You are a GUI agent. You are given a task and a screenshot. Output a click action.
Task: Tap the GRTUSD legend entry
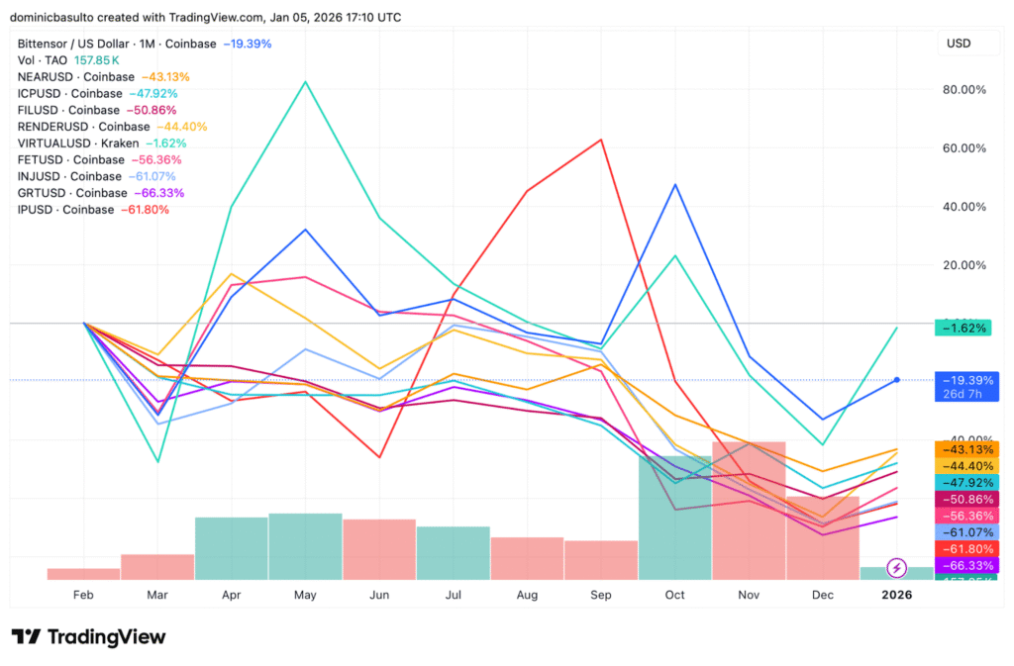100,193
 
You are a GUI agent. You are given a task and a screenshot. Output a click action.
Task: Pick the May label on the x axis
305,595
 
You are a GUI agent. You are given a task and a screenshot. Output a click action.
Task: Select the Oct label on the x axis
674,595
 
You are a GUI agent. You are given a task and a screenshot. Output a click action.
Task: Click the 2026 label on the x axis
896,595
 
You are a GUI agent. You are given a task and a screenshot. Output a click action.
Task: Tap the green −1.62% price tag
961,328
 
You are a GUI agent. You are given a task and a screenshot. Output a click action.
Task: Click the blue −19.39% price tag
961,380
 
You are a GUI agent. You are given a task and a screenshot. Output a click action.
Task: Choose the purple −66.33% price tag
961,565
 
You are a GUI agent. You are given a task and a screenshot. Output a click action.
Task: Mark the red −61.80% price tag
961,548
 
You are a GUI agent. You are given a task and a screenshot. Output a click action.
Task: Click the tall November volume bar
749,510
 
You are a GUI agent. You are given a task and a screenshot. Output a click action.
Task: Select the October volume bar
674,518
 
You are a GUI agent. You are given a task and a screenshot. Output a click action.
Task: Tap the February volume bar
83,574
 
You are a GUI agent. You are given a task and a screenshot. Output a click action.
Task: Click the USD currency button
959,44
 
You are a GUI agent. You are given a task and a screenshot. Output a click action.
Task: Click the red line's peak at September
601,140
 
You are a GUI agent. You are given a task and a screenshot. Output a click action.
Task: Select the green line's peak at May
305,81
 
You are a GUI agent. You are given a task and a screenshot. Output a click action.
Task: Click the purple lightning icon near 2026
896,567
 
